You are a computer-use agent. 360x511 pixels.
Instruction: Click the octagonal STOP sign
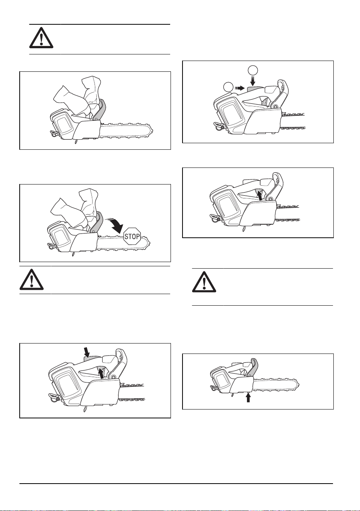tap(132, 236)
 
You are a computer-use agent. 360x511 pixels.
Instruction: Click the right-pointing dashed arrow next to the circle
tap(240, 88)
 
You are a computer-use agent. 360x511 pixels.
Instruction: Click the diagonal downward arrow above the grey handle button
tap(86, 352)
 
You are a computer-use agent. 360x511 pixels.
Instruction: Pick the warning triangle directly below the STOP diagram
tap(32, 280)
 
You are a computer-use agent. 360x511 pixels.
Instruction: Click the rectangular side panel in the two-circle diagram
tap(230, 116)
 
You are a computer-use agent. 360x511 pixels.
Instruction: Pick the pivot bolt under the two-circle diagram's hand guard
tap(275, 107)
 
